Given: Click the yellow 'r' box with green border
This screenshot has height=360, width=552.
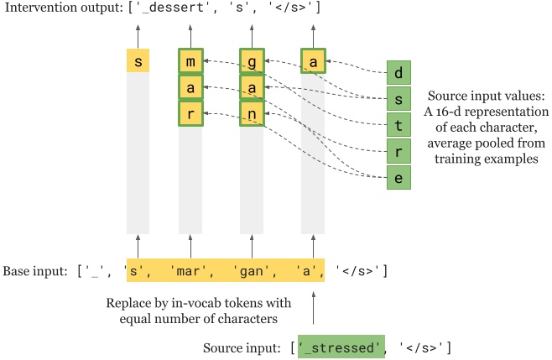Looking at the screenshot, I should point(191,113).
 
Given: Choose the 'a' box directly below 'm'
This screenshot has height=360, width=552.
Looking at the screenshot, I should point(191,87).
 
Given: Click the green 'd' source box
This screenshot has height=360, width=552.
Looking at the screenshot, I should point(398,73).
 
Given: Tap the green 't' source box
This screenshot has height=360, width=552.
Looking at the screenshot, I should point(398,126).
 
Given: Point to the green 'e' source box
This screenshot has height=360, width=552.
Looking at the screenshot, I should point(398,178).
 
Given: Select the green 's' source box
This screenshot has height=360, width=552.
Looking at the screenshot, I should point(398,100).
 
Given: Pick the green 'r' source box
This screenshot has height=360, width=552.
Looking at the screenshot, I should point(398,152).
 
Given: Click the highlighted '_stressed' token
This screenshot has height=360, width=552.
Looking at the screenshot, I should point(341,347).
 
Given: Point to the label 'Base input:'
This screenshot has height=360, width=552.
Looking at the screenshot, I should point(35,271).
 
